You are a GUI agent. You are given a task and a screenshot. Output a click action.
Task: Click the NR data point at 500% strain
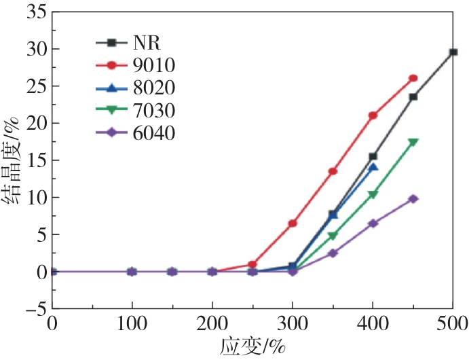click(x=453, y=52)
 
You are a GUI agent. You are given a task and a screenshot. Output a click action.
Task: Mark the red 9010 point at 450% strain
click(x=413, y=79)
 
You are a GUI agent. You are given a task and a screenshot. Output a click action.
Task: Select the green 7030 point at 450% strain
click(x=413, y=142)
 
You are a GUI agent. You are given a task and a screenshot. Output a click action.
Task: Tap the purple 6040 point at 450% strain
click(x=413, y=199)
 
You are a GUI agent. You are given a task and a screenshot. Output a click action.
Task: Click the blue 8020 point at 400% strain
click(x=373, y=167)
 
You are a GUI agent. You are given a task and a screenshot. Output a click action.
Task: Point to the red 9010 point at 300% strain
click(x=293, y=223)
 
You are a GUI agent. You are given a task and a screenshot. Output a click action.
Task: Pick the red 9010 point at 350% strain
click(x=333, y=171)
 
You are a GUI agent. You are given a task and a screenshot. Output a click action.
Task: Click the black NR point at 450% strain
click(x=413, y=96)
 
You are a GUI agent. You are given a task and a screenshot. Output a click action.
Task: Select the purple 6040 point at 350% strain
click(x=333, y=253)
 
